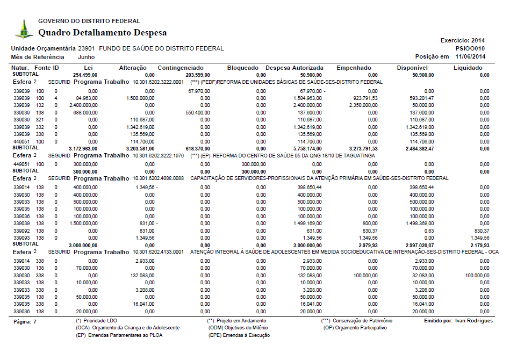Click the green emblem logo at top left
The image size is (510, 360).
(23, 29)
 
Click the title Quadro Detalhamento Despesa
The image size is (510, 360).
(102, 33)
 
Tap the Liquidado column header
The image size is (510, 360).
(468, 68)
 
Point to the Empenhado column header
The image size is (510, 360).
(354, 68)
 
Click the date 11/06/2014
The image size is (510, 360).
(470, 56)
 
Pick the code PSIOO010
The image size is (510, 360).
(471, 48)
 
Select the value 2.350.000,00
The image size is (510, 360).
(362, 105)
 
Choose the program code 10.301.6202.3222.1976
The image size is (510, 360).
(159, 155)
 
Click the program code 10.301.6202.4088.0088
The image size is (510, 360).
(159, 178)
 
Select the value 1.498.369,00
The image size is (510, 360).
(412, 223)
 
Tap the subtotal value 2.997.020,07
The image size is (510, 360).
(411, 244)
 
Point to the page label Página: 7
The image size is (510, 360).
(24, 321)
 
